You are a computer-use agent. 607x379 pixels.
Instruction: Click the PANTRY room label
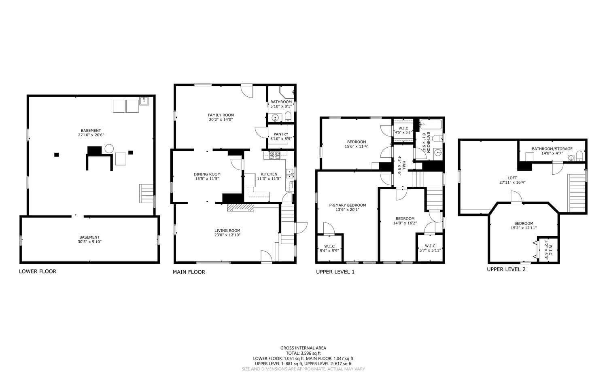(x=281, y=134)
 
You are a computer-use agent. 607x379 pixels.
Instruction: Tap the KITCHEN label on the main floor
(x=269, y=174)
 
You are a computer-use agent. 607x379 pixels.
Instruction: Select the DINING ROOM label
(x=207, y=174)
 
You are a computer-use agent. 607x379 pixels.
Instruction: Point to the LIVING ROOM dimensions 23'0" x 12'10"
(x=227, y=235)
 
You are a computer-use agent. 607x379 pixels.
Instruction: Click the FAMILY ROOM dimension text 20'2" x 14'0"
(x=221, y=119)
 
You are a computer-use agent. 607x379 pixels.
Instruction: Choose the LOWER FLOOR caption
(x=38, y=271)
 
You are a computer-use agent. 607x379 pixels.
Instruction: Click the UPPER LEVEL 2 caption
(x=506, y=269)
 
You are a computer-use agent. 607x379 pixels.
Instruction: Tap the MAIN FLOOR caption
(x=189, y=272)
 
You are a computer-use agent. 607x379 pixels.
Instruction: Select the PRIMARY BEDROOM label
(x=347, y=205)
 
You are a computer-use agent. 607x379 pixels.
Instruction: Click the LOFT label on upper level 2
(x=512, y=178)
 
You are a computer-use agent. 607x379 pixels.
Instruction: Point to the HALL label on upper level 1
(x=404, y=165)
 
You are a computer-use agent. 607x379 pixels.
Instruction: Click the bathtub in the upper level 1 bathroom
(x=431, y=125)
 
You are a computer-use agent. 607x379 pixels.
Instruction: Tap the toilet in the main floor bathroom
(x=288, y=117)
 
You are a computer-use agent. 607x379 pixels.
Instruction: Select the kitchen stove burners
(x=274, y=155)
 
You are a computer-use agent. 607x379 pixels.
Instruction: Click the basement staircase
(x=146, y=193)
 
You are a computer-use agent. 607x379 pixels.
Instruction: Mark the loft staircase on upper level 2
(x=577, y=193)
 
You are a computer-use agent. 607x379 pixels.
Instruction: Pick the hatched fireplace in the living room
(x=241, y=207)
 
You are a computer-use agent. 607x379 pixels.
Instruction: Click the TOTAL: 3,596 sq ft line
(x=303, y=353)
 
